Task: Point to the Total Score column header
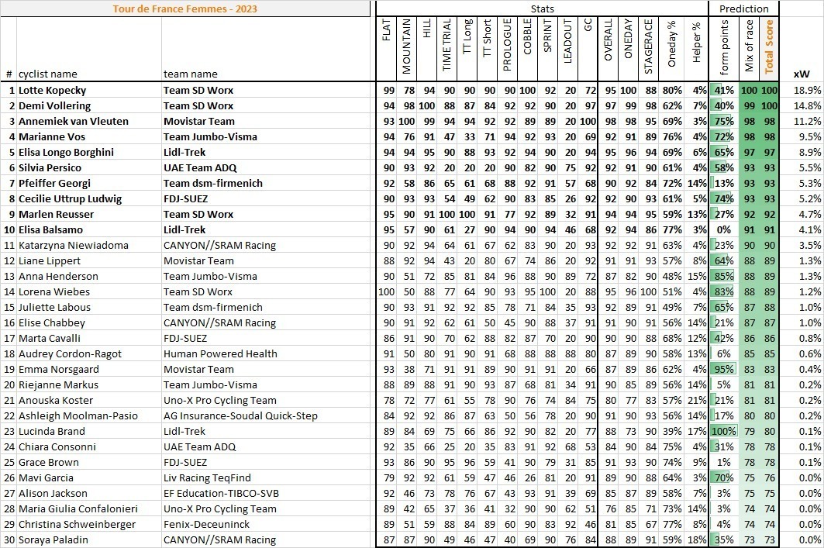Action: point(769,47)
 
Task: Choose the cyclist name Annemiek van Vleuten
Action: point(74,122)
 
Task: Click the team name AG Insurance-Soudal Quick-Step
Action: point(240,416)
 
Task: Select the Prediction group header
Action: point(743,9)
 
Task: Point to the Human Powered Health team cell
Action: point(220,354)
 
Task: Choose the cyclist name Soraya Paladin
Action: point(53,540)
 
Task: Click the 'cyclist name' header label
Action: point(48,74)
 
